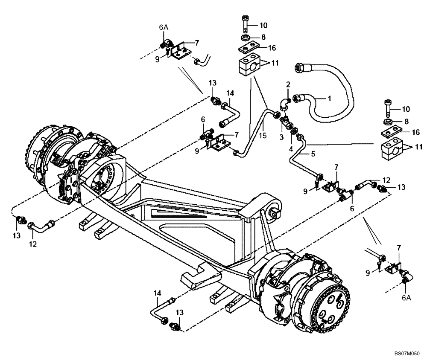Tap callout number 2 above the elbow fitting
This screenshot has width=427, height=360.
tap(288, 84)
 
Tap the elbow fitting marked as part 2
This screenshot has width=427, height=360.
tap(284, 104)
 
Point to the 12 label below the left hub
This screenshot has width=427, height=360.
tap(33, 244)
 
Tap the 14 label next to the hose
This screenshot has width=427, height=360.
tap(231, 93)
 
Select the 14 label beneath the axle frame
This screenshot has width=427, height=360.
tap(158, 293)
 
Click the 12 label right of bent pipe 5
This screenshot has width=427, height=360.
tap(386, 180)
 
